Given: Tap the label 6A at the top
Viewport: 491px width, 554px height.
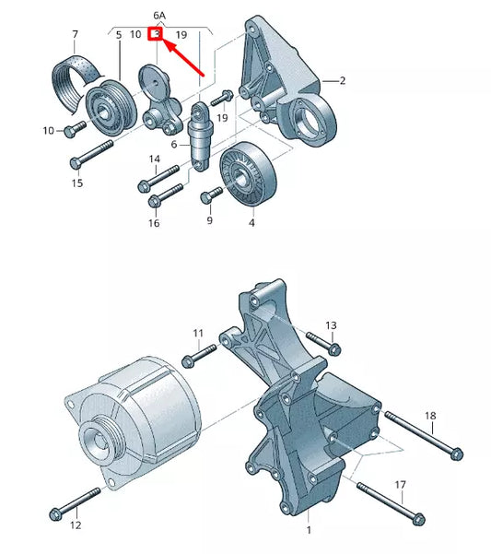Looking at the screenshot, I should click(x=160, y=16).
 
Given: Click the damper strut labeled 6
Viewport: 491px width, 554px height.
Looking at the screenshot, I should click(x=199, y=136).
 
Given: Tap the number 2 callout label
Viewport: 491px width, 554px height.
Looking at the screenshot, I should click(x=341, y=81).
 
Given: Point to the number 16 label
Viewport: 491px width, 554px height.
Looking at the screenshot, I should click(x=154, y=223).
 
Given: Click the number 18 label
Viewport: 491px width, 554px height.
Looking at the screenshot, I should click(x=430, y=417).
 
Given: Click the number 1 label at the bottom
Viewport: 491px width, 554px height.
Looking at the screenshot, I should click(x=309, y=530).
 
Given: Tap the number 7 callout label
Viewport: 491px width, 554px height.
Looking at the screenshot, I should click(x=75, y=35).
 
